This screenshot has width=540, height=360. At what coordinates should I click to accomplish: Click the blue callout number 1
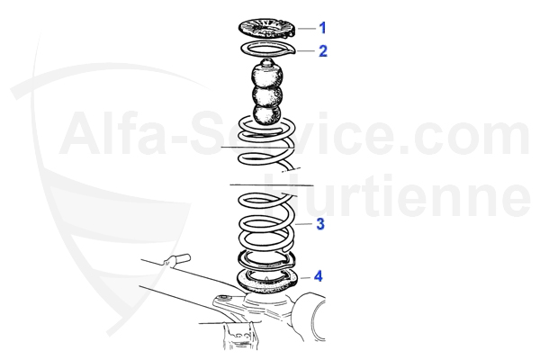(322, 28)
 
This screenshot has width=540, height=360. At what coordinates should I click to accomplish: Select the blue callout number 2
(323, 51)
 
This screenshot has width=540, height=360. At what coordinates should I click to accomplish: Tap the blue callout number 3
(320, 224)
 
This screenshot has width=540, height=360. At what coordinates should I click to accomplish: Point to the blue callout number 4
(319, 276)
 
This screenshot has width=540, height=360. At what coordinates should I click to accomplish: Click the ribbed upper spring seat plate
(267, 28)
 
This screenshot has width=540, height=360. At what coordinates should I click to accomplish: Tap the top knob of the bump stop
(267, 63)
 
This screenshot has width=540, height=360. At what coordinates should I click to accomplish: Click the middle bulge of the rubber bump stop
(267, 94)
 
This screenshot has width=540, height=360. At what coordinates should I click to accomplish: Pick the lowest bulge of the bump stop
(267, 113)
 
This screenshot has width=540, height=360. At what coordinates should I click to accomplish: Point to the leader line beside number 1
(307, 28)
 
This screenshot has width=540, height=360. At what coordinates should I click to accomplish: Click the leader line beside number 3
(304, 224)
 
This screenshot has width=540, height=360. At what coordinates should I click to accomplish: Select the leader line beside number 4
(305, 277)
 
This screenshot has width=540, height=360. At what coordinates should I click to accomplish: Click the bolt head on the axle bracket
(223, 297)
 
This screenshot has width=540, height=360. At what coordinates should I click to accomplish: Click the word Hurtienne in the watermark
(397, 195)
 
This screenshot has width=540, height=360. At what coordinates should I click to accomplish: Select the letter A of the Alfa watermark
(82, 133)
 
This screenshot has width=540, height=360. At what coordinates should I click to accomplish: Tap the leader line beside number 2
(305, 51)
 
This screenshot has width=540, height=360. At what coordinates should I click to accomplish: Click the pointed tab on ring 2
(292, 51)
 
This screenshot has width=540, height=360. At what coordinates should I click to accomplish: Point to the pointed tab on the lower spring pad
(292, 283)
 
